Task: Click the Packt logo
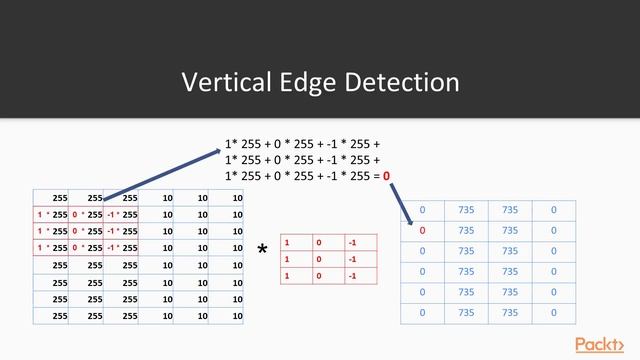coord(604,344)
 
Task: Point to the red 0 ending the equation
coord(386,175)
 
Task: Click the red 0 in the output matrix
coord(422,230)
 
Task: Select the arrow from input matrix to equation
coord(165,174)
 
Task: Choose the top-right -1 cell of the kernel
coord(353,242)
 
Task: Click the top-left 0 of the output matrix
coord(422,209)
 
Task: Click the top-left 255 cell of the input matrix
coord(50,198)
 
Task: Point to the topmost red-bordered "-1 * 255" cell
coord(121,214)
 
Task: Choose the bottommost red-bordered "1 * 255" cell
coord(51,247)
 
